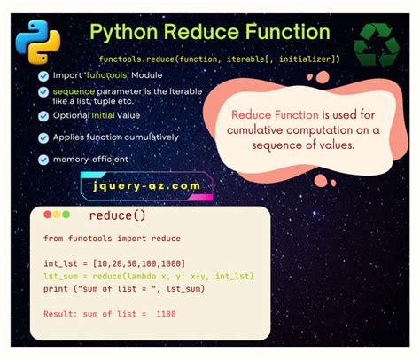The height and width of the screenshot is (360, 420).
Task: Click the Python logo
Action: click(x=38, y=42)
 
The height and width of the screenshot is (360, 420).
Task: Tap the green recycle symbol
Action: click(x=377, y=45)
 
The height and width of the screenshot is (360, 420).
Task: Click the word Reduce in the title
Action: click(x=201, y=32)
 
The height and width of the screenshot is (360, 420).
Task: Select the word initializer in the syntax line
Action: click(x=306, y=59)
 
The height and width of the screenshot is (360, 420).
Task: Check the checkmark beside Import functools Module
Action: click(x=43, y=76)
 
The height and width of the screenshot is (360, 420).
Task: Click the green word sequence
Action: click(x=74, y=91)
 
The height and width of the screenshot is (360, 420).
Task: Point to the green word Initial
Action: click(x=103, y=115)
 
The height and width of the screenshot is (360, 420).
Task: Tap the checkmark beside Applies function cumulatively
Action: click(x=43, y=137)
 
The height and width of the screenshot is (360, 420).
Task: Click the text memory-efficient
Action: click(x=90, y=160)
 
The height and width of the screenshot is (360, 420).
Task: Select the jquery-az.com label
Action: click(x=147, y=186)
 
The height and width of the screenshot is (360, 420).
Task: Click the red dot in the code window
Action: click(x=47, y=215)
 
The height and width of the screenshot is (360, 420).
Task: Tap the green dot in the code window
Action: click(x=66, y=215)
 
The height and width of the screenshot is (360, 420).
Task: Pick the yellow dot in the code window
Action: click(x=57, y=215)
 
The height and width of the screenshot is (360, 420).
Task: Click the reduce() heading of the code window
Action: click(x=117, y=215)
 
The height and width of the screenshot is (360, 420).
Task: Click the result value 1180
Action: click(x=166, y=314)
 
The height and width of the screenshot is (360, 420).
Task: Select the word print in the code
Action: click(x=56, y=289)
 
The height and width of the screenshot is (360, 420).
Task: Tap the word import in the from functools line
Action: click(x=132, y=239)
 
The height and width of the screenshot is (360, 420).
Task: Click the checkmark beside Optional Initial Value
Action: click(x=43, y=116)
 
